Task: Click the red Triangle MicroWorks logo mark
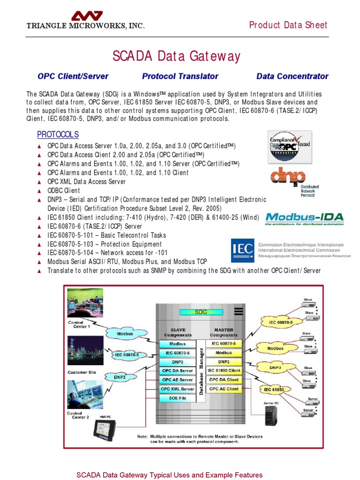[87, 15]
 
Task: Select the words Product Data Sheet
[288, 25]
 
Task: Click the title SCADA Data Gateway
[176, 57]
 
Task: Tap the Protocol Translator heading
[180, 76]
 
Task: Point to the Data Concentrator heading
[292, 76]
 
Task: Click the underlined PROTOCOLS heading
[58, 135]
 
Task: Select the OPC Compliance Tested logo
[289, 147]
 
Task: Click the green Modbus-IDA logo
[304, 218]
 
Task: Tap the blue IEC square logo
[242, 250]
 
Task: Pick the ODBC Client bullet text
[64, 191]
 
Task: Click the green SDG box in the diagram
[201, 312]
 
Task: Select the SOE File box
[177, 398]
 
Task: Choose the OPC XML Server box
[177, 389]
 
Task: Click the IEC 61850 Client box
[224, 371]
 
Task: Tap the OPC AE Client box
[224, 389]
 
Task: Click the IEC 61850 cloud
[274, 390]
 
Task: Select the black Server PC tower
[270, 415]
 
